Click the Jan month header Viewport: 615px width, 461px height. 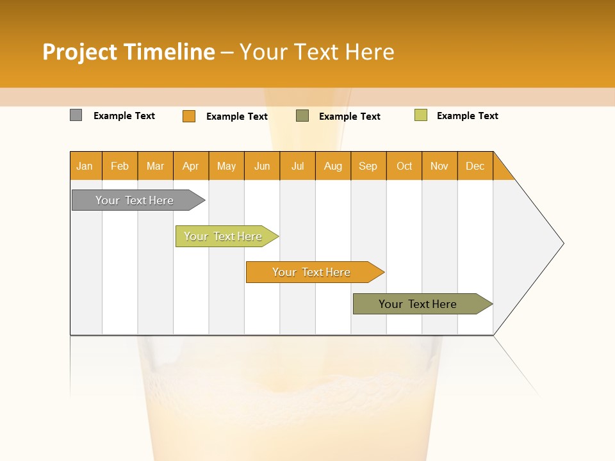[85, 166]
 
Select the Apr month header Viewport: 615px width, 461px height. [191, 166]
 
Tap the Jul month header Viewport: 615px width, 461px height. [297, 166]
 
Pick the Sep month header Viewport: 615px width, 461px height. [368, 166]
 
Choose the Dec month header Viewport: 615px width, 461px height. [475, 166]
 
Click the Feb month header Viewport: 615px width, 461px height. [120, 166]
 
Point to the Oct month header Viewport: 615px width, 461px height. [404, 166]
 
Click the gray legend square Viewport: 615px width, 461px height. [76, 115]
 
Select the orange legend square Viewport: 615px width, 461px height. [188, 116]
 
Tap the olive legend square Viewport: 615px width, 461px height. [302, 116]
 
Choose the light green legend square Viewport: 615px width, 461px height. [420, 115]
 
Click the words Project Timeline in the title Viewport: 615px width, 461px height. [128, 52]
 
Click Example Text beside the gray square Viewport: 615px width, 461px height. [124, 116]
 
